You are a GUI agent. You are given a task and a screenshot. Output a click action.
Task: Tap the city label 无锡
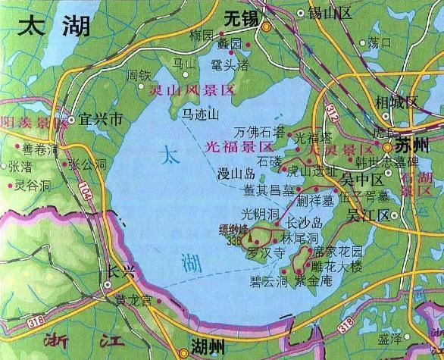tap(243, 16)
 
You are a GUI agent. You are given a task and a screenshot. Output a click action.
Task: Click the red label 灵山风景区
tap(192, 89)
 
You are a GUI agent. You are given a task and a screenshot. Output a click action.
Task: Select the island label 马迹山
tap(202, 114)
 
